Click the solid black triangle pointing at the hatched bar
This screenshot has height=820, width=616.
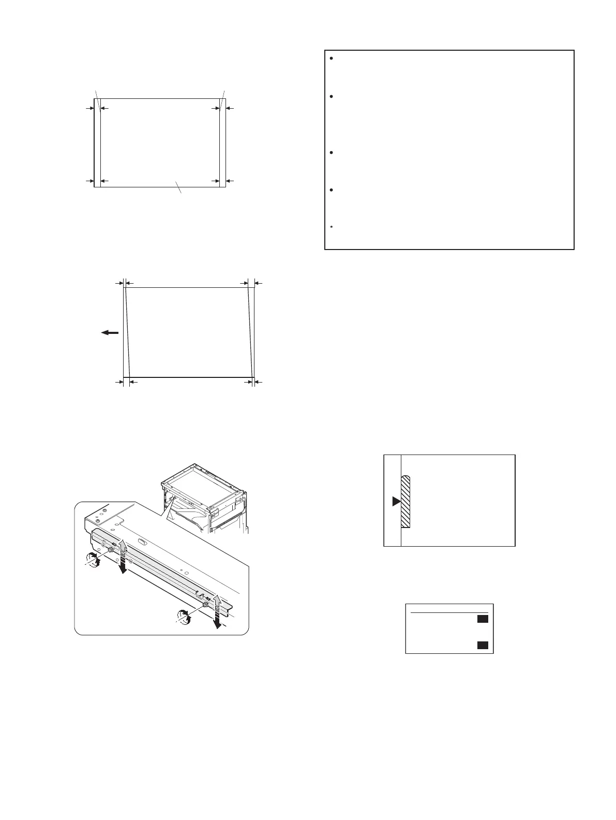pos(396,501)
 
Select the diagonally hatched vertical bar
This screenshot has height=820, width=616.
pos(405,502)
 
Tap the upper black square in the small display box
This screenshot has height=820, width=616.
pos(482,619)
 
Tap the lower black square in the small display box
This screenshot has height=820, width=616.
pos(482,645)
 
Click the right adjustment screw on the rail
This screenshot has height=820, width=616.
pos(205,605)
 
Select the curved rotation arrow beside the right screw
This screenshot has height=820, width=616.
pos(184,616)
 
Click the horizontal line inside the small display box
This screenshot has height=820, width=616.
pos(449,613)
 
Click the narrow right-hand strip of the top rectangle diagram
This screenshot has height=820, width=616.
pos(222,142)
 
